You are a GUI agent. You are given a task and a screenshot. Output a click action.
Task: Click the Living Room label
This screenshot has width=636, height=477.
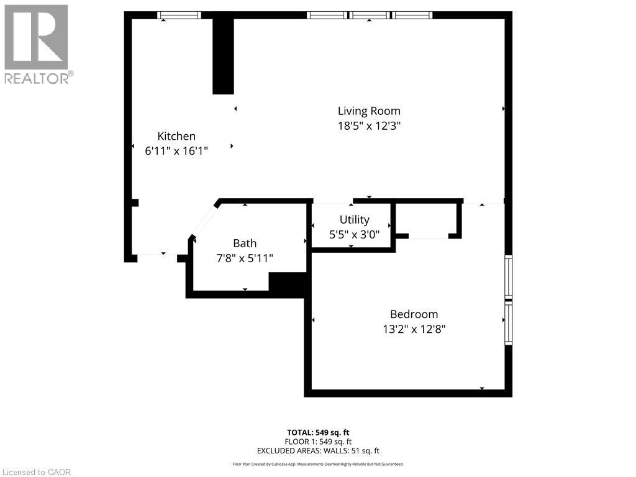pyautogui.click(x=369, y=111)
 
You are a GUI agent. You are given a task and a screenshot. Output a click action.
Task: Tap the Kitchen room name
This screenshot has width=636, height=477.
pyautogui.click(x=176, y=136)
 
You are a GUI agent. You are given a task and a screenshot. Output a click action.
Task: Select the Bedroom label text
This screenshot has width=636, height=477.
pyautogui.click(x=414, y=314)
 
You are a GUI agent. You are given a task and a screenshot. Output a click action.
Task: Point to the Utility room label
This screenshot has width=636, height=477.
pyautogui.click(x=354, y=220)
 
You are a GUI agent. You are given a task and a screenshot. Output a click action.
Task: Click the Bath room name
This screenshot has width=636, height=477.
pyautogui.click(x=244, y=243)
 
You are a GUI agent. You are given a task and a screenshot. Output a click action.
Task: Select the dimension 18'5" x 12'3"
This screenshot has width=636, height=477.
pyautogui.click(x=369, y=125)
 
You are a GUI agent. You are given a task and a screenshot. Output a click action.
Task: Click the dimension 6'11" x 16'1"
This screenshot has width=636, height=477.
pyautogui.click(x=176, y=150)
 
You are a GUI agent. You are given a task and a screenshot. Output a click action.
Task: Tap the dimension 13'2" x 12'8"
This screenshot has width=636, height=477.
pyautogui.click(x=414, y=329)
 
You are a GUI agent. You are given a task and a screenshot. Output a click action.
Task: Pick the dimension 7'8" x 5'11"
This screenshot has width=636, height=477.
pyautogui.click(x=244, y=258)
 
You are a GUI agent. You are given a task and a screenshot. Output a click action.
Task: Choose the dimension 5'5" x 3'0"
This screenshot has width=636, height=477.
pyautogui.click(x=354, y=234)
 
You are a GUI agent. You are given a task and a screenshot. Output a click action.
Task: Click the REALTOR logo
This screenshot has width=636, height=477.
pyautogui.click(x=37, y=43)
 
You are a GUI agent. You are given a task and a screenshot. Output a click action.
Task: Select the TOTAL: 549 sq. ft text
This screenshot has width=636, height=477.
pyautogui.click(x=318, y=432)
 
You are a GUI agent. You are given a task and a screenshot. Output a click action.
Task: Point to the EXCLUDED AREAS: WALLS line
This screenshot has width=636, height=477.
pyautogui.click(x=318, y=451)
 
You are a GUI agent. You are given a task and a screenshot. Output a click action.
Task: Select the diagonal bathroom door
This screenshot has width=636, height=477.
pyautogui.click(x=204, y=219)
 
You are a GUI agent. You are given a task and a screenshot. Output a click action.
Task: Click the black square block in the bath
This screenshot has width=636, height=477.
pyautogui.click(x=287, y=283)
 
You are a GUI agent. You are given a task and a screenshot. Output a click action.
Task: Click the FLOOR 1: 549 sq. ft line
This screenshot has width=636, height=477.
pyautogui.click(x=318, y=442)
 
